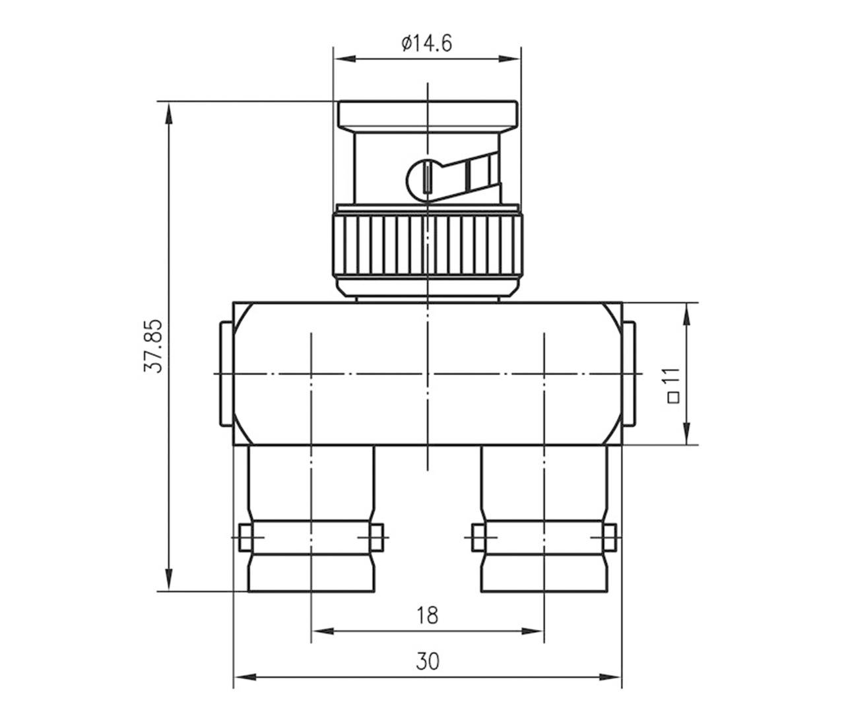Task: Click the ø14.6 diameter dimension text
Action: [426, 44]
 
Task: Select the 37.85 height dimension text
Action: [153, 346]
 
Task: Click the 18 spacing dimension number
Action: [427, 615]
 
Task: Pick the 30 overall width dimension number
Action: [427, 660]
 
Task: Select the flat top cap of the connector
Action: [427, 115]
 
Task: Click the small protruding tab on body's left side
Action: [225, 373]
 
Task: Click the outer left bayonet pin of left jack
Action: [244, 538]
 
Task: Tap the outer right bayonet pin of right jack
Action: [610, 538]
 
